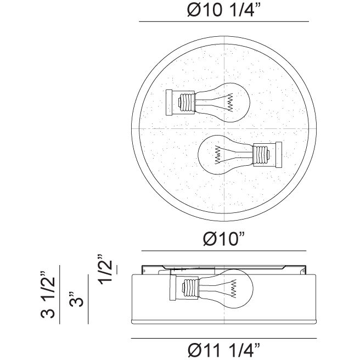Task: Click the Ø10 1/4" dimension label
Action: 224,10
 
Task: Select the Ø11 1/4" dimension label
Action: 224,350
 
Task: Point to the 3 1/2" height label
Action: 48,295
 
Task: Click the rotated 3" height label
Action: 76,299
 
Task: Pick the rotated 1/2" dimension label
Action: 105,269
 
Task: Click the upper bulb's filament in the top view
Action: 230,103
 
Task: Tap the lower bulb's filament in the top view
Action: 217,155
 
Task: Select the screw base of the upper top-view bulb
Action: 187,103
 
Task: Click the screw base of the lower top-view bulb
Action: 261,155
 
